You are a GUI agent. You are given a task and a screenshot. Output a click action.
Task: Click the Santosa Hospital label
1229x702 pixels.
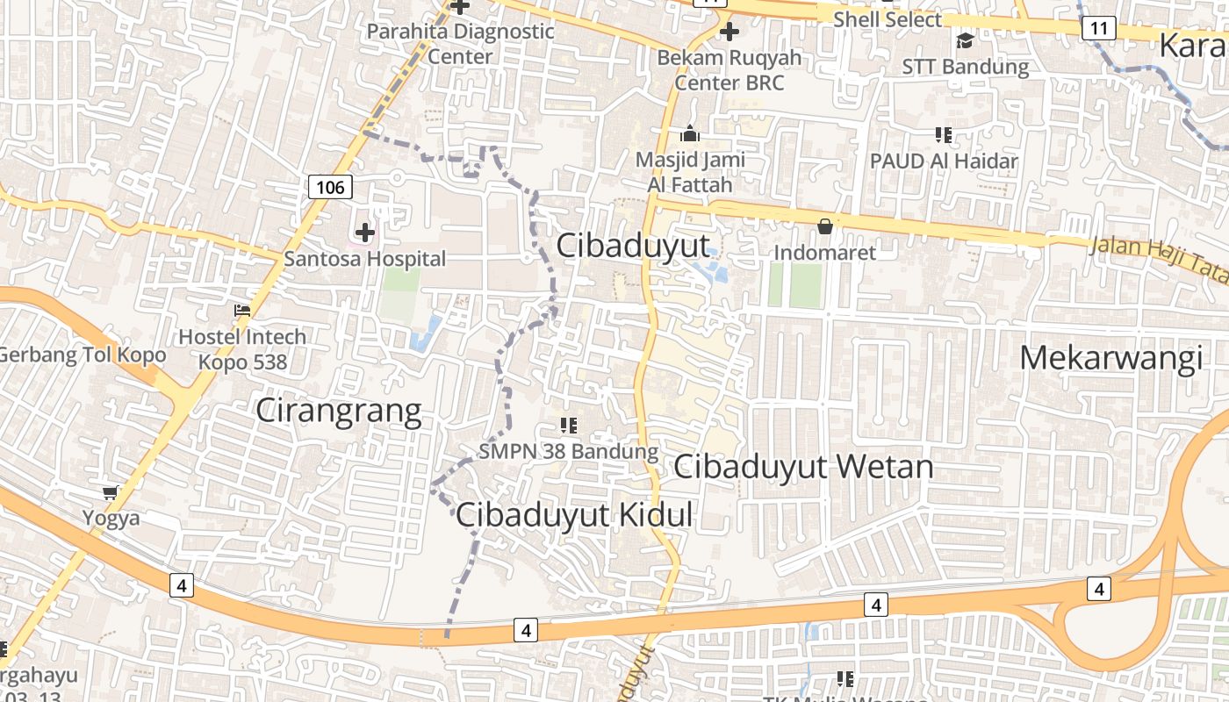coord(364,259)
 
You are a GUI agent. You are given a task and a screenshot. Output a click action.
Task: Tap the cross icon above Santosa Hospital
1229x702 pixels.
coord(364,233)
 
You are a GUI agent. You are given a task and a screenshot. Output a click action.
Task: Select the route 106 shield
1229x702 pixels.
coord(330,187)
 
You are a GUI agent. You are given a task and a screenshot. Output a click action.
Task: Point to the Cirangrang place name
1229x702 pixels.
coord(338,412)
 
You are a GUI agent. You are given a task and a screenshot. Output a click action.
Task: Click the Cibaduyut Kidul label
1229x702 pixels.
coord(574,515)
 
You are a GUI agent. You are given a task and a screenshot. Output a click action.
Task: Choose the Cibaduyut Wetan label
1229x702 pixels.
coord(802,466)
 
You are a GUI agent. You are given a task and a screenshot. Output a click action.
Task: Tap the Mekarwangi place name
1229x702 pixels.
coord(1110,358)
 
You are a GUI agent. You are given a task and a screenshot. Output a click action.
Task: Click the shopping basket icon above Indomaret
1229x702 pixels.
coord(824,226)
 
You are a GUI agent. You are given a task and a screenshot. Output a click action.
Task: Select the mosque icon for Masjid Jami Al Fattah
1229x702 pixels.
coord(690,134)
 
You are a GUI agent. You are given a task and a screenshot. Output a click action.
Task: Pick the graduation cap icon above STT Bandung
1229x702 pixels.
coord(965,40)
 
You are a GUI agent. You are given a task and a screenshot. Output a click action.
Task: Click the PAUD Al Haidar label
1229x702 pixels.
coord(944,161)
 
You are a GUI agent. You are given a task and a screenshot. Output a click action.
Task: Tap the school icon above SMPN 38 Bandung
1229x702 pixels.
coord(568,426)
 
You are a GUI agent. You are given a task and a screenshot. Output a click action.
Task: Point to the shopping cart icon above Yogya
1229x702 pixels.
coord(111,492)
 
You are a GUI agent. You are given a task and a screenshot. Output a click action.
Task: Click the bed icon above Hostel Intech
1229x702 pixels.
coord(242,311)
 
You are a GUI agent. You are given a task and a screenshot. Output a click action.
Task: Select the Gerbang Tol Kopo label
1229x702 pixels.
coord(83,355)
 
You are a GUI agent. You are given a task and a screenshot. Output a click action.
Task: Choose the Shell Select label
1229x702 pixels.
coord(887,19)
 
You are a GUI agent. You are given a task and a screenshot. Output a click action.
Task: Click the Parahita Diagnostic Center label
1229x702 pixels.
coord(460,43)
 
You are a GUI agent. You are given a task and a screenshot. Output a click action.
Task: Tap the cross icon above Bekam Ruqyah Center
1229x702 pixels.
coord(729,32)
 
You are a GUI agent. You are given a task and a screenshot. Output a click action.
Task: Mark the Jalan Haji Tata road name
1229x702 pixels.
coord(1159,260)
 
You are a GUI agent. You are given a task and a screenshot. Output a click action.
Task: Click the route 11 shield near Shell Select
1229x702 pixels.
coord(1098,29)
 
